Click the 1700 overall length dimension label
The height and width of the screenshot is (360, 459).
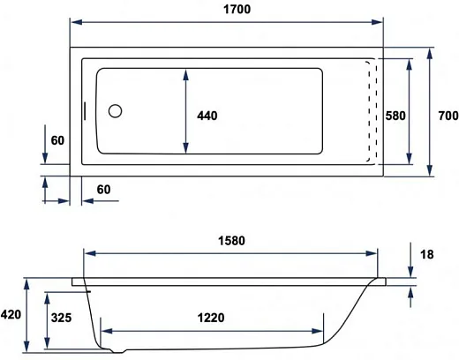(x=237, y=10)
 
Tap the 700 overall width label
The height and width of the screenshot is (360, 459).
(x=448, y=116)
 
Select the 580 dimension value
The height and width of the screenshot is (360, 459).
(x=395, y=116)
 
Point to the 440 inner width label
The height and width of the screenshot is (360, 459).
(x=207, y=116)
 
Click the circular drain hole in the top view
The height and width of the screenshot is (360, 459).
(x=115, y=111)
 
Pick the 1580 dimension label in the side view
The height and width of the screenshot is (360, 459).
(x=231, y=241)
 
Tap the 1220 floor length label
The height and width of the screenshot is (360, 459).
(x=211, y=318)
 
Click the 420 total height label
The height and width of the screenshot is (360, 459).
(x=11, y=315)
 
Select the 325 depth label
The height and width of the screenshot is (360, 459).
(x=61, y=318)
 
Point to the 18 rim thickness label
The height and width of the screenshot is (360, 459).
(x=427, y=254)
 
